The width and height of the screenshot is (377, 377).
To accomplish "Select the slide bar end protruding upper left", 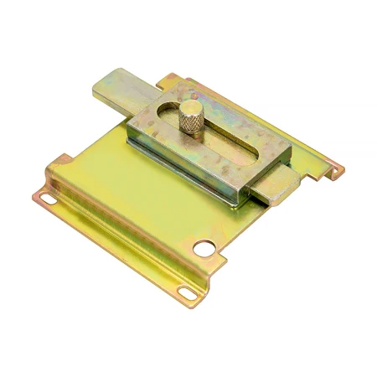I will [x=116, y=88].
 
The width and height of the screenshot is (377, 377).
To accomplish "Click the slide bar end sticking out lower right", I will [x=272, y=192].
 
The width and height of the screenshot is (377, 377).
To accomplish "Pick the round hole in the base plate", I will [x=204, y=249].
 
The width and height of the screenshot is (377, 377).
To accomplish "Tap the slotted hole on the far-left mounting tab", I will [x=48, y=199].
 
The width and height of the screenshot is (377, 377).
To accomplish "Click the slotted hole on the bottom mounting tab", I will [x=185, y=291].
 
